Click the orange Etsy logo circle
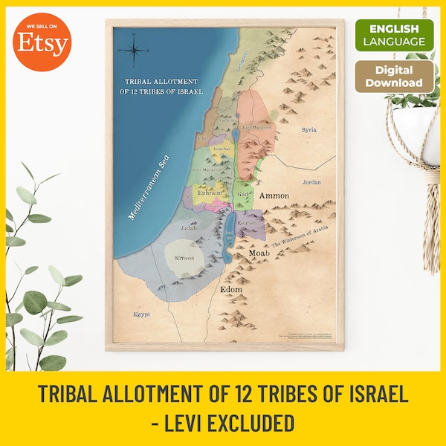(x=44, y=44)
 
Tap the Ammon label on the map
(x=274, y=195)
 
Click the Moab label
(x=259, y=253)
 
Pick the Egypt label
(x=141, y=314)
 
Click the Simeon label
(x=184, y=258)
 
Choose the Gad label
(x=242, y=194)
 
